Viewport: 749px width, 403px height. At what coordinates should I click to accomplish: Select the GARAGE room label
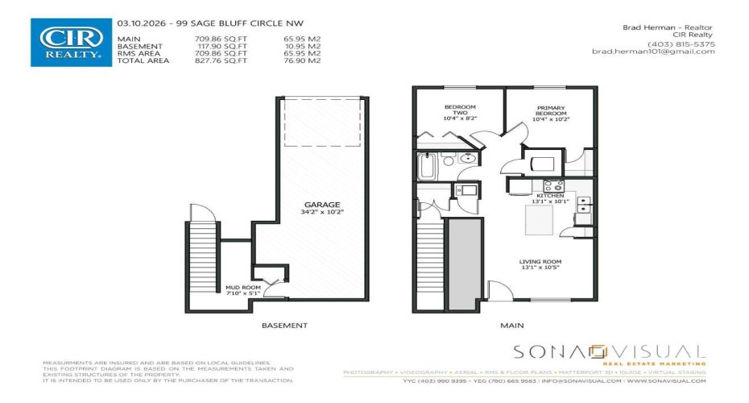click(x=328, y=205)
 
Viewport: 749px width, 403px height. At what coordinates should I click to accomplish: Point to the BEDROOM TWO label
click(x=460, y=108)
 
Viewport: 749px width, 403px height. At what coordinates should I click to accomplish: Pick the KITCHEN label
click(x=551, y=196)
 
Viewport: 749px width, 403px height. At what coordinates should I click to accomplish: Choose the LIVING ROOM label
click(x=540, y=262)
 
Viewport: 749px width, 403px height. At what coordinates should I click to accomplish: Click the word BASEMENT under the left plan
click(x=284, y=326)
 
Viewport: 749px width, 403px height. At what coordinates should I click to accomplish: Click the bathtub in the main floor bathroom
click(x=427, y=168)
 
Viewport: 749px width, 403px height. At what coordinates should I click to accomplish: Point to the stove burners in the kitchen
click(x=553, y=185)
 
